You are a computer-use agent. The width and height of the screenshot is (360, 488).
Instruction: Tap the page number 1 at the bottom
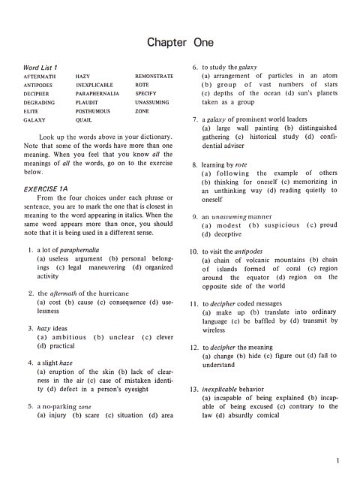[x=339, y=460]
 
